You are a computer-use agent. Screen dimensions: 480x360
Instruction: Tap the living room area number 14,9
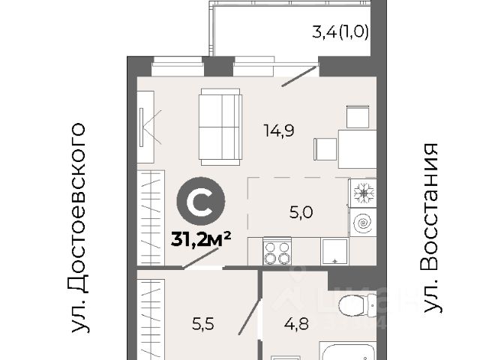279,131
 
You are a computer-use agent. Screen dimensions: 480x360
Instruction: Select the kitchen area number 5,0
301,212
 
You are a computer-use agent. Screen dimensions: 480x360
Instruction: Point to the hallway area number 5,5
203,324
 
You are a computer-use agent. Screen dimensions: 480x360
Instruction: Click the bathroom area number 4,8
296,324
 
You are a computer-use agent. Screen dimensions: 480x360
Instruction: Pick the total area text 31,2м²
201,239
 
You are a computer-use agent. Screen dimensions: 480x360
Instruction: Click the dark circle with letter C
201,201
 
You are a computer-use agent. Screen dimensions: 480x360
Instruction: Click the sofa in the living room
220,127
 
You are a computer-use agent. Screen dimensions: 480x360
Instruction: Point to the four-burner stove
277,251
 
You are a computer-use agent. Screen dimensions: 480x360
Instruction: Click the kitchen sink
334,252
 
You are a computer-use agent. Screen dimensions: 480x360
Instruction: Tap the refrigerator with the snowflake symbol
363,193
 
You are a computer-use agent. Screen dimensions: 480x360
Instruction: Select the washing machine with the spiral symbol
363,222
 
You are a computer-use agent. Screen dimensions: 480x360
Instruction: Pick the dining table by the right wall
358,149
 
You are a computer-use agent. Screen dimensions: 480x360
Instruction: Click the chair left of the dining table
325,149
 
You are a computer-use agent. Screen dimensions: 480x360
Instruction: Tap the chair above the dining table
358,117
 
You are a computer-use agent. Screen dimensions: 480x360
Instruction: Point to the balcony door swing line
299,76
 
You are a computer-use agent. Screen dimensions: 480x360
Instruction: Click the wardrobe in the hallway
151,319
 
